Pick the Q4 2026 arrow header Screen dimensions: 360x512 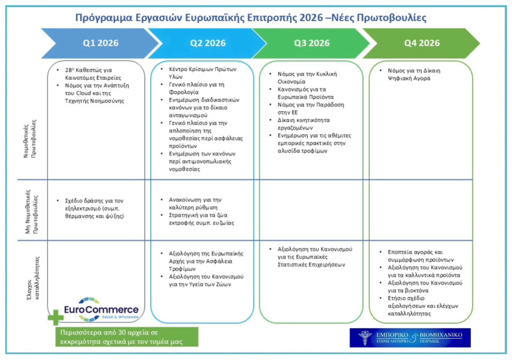(x=421, y=43)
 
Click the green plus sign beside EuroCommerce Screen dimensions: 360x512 (x=55, y=317)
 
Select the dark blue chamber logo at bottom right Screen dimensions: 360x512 (x=410, y=338)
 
